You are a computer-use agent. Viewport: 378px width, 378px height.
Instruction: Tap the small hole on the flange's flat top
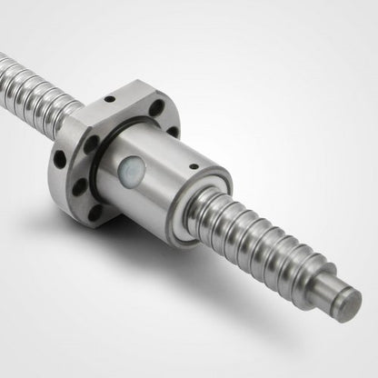pos(109,99)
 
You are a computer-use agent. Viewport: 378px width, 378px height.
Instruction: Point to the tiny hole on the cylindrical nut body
pos(193,166)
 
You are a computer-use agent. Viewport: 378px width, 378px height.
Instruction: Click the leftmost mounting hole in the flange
pos(60,159)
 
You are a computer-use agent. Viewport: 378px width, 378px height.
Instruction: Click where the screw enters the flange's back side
pos(64,113)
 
